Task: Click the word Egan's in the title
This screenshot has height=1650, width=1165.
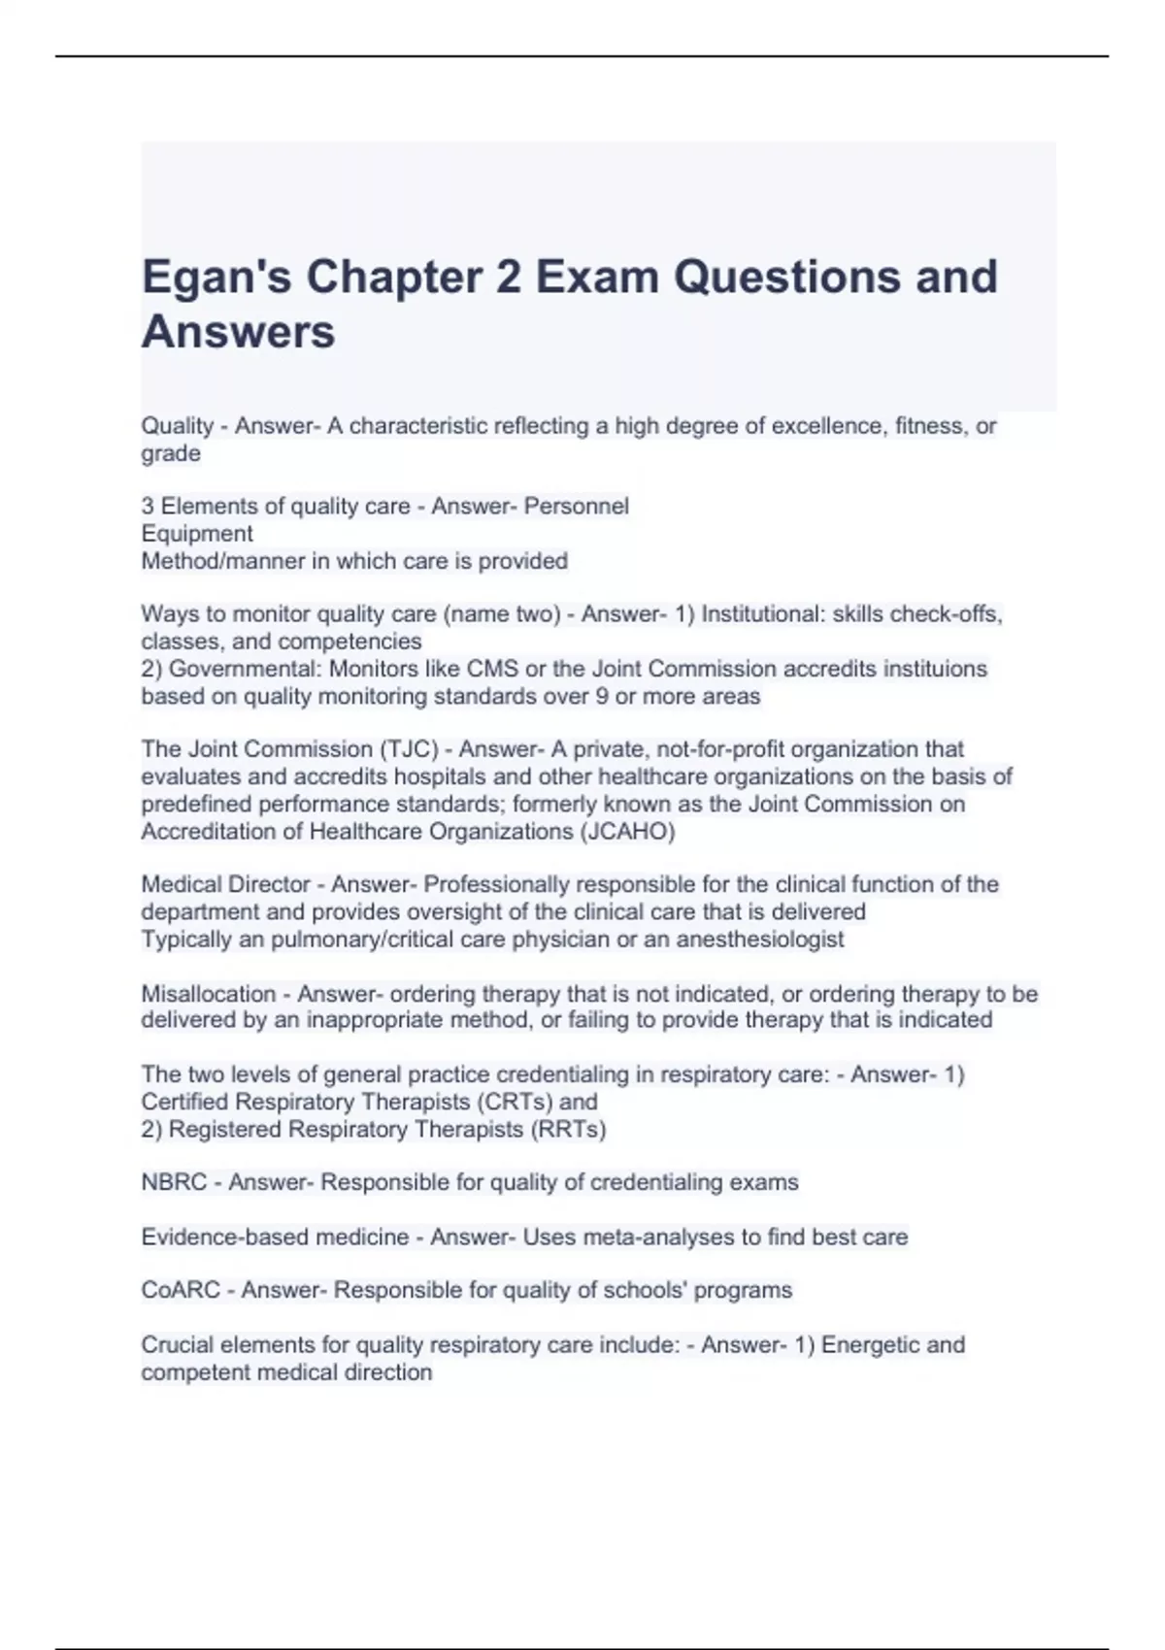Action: click(x=215, y=277)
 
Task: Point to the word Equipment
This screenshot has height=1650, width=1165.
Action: click(x=197, y=534)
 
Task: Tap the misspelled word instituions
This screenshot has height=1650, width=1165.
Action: click(x=934, y=669)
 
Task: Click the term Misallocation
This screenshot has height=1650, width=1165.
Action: click(x=209, y=994)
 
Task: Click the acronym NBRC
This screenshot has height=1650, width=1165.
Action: click(x=174, y=1182)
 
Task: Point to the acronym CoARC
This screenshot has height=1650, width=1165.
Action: click(x=181, y=1290)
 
